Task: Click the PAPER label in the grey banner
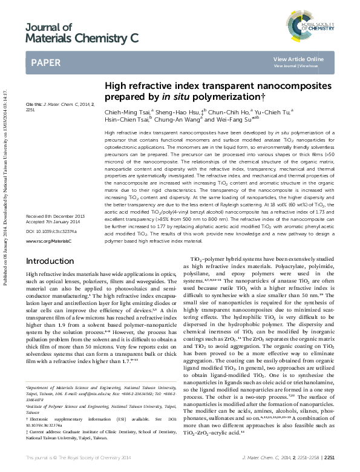[45, 62]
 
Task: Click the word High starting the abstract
[110, 131]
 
